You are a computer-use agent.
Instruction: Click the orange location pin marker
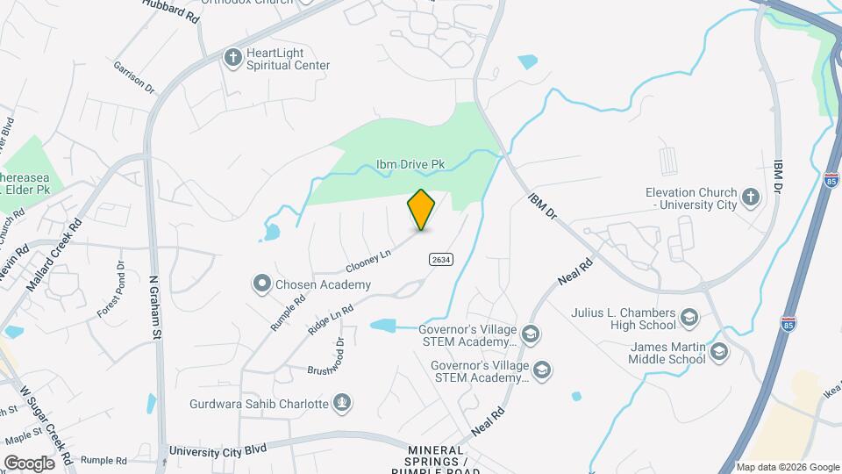(422, 209)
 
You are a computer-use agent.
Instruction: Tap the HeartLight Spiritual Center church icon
(232, 58)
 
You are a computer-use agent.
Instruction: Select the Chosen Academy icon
(261, 284)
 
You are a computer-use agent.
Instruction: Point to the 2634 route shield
(440, 258)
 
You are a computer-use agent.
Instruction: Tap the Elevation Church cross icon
(750, 197)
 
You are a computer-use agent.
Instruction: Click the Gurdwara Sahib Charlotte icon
(343, 404)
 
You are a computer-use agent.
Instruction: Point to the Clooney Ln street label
(367, 260)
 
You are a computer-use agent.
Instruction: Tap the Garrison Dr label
(133, 76)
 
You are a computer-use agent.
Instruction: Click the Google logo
(29, 463)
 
